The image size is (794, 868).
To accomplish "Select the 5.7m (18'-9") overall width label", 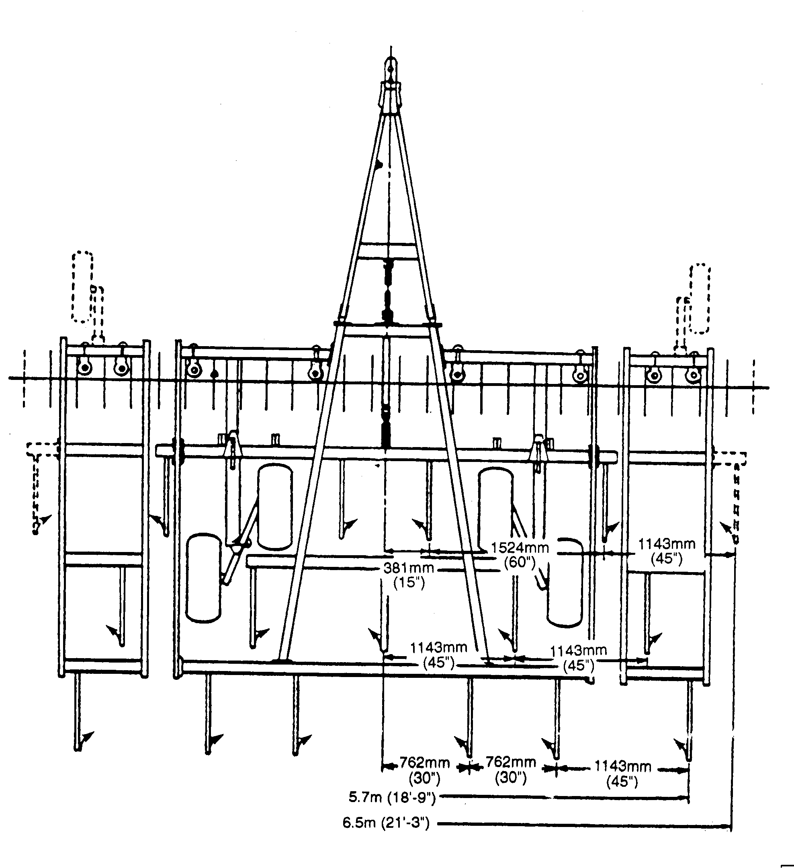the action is pos(392,797).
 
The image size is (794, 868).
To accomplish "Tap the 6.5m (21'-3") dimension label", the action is pos(386,823).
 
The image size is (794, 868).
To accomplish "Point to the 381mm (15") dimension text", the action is pos(408,575).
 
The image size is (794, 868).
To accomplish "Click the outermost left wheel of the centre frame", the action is pos(203,578).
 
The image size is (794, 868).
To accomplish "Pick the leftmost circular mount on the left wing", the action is pos(85,368).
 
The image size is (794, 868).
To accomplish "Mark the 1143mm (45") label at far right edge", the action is pos(666,551).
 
